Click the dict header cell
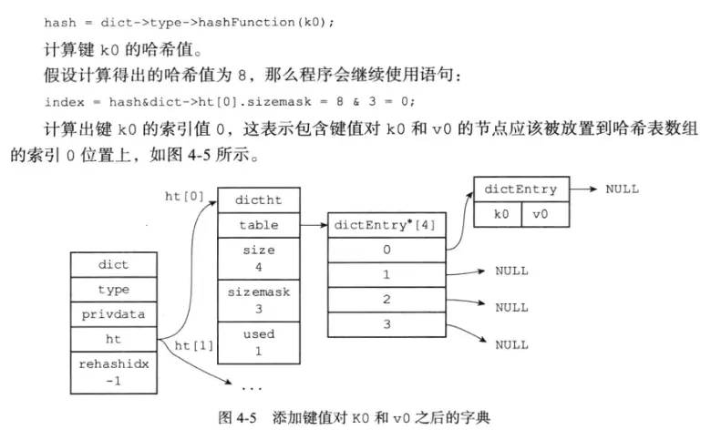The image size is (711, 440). [113, 265]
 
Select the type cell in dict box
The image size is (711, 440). [113, 290]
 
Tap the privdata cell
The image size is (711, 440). [113, 314]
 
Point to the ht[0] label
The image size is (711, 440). [182, 196]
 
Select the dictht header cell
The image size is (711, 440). [258, 200]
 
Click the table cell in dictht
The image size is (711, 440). [258, 224]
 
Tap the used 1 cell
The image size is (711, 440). [258, 343]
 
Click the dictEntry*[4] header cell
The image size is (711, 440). [386, 224]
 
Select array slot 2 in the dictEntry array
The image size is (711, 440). [386, 299]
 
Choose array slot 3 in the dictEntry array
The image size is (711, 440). [386, 323]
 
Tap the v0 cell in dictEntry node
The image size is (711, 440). [544, 214]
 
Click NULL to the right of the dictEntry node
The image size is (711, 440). [622, 189]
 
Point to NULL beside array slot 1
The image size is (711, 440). [511, 271]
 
